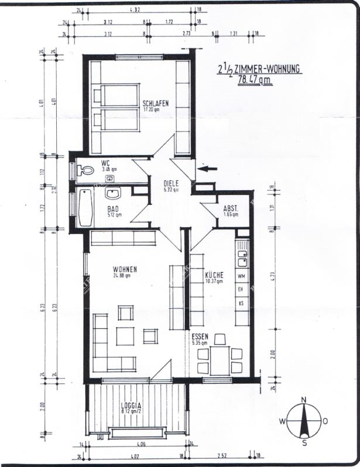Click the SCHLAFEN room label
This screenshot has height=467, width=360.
tap(155, 104)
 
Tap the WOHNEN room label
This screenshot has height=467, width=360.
tap(125, 269)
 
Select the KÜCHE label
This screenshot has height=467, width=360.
tap(215, 275)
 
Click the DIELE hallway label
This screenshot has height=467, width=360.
tap(172, 183)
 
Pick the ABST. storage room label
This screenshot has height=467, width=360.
tap(231, 208)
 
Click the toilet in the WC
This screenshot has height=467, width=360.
tap(86, 170)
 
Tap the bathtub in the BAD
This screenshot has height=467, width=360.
tap(85, 208)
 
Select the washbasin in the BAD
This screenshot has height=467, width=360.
tap(113, 193)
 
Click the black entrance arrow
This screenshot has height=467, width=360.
tap(208, 169)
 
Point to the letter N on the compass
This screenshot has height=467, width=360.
tap(303, 400)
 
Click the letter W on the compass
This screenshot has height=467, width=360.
tap(282, 421)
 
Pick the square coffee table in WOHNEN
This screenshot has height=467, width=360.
tap(125, 336)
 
